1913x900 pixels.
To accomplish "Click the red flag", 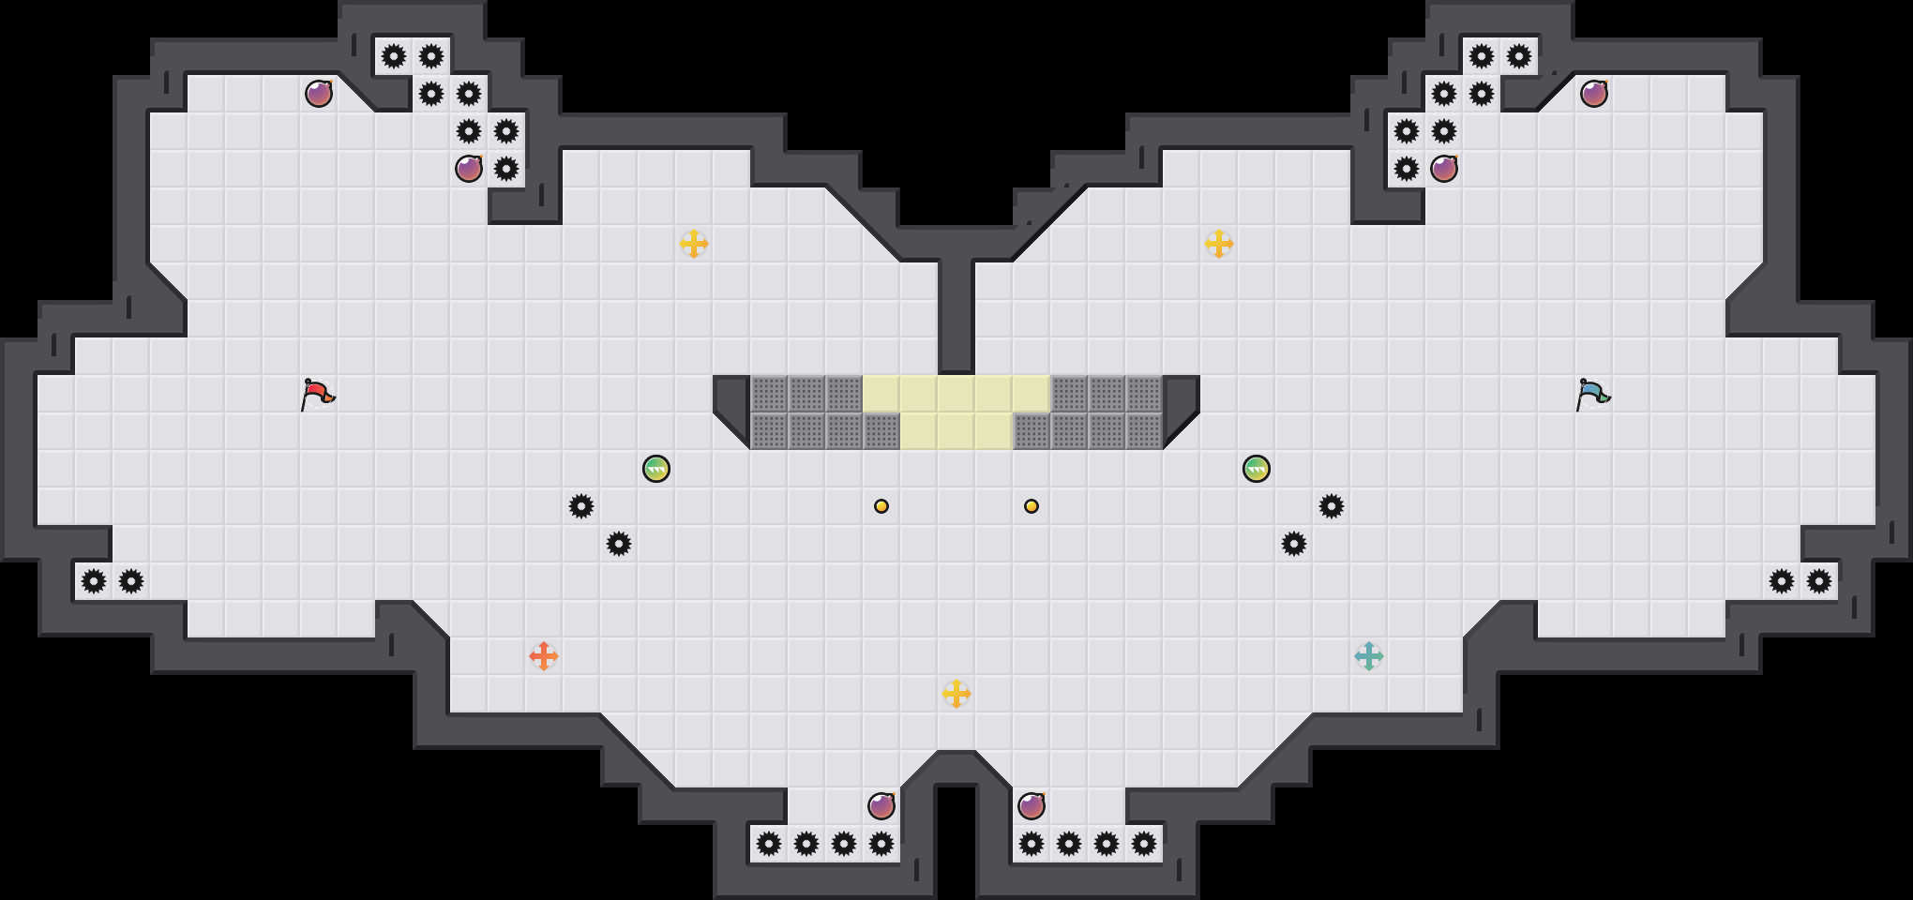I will click(x=317, y=394).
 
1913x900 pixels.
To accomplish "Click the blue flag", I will click(x=1592, y=394).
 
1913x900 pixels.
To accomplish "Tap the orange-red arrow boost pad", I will click(x=544, y=656).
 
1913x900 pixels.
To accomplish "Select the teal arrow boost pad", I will click(x=1369, y=656).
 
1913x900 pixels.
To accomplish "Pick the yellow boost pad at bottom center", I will click(x=956, y=694).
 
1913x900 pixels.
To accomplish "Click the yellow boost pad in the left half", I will click(x=694, y=244).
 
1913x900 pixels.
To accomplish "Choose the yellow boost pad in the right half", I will click(x=1219, y=244).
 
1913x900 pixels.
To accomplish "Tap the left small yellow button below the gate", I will click(x=881, y=506).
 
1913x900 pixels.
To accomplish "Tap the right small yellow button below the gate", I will click(x=1032, y=506).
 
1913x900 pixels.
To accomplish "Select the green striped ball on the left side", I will click(x=656, y=469).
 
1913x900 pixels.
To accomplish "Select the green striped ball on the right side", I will click(x=1257, y=469).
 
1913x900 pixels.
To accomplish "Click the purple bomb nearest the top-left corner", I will click(x=319, y=94).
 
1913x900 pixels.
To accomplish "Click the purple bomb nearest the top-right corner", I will click(x=1594, y=94).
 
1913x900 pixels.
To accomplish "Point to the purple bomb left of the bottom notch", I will click(x=881, y=806).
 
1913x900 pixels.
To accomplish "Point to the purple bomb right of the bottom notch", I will click(x=1032, y=806).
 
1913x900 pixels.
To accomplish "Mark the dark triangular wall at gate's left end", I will click(x=730, y=403).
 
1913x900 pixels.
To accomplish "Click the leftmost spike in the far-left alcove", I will click(x=94, y=581).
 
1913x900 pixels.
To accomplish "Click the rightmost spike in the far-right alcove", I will click(x=1819, y=581).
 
